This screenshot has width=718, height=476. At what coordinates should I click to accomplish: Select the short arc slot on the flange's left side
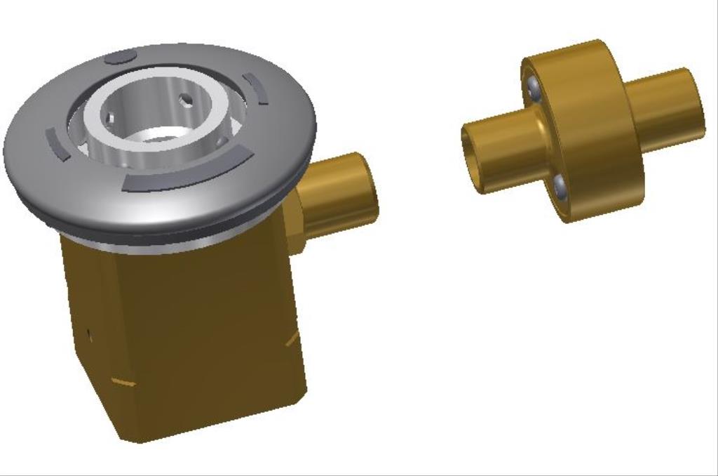[57, 143]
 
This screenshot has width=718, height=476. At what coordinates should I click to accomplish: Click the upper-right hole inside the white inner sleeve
[185, 100]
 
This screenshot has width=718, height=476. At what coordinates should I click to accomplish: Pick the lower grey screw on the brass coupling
[560, 185]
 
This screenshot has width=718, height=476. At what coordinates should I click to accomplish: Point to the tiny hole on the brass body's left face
[89, 335]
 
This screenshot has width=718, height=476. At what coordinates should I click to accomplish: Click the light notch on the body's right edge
[292, 340]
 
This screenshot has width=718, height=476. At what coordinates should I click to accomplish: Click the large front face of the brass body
[203, 337]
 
